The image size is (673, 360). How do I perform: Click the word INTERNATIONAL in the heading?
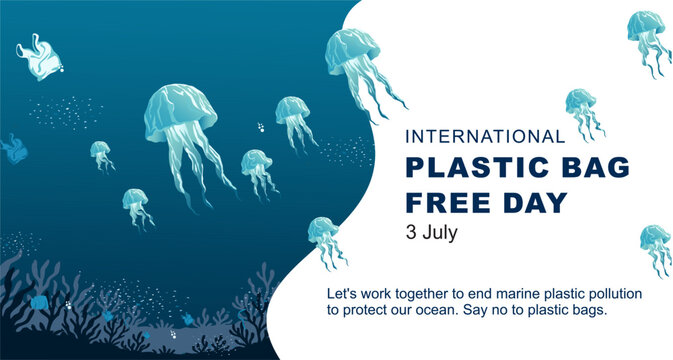(484, 136)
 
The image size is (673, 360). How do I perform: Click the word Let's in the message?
(342, 294)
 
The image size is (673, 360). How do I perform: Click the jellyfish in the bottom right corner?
(655, 240)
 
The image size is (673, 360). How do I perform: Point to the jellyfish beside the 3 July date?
(324, 235)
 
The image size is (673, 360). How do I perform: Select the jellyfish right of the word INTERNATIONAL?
(580, 102)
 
